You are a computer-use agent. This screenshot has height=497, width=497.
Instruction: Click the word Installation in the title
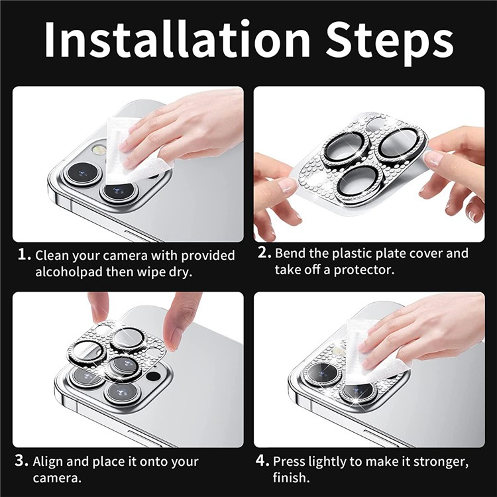178,39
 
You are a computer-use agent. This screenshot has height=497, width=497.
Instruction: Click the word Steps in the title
390,43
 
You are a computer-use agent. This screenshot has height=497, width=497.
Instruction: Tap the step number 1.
24,254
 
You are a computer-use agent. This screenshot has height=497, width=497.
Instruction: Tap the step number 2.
264,252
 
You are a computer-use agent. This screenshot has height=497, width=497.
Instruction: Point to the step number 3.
22,461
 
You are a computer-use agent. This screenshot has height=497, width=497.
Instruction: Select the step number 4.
262,461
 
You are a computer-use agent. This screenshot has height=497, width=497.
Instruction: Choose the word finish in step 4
291,477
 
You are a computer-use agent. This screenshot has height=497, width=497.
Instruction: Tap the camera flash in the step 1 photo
98,149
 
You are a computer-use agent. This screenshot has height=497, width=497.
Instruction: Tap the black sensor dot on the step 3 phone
154,376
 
